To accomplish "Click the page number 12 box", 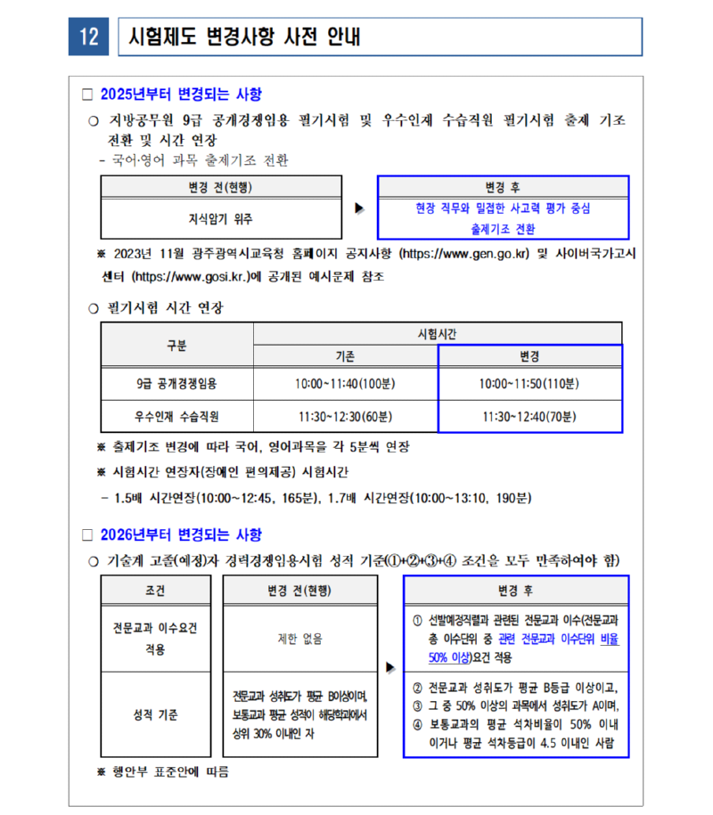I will point(88,37).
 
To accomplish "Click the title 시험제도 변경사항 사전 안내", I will point(245,37).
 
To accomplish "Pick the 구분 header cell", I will point(176,345).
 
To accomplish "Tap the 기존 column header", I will point(345,356).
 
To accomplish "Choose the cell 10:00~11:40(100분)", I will point(345,384).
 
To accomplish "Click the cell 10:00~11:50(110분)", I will point(529,384).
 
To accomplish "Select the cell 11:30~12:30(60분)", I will point(345,416).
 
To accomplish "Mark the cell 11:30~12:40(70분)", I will point(529,416).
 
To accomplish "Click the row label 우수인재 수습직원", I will point(176,416).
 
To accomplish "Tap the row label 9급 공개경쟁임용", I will point(176,384).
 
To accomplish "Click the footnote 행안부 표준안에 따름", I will point(169,770).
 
